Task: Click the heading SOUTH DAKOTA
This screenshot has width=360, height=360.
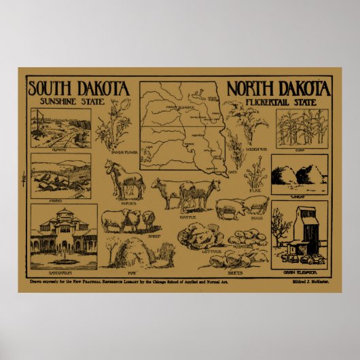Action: click(x=79, y=88)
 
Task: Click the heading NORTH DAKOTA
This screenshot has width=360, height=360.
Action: click(x=278, y=88)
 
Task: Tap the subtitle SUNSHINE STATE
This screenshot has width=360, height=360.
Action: click(x=71, y=102)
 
